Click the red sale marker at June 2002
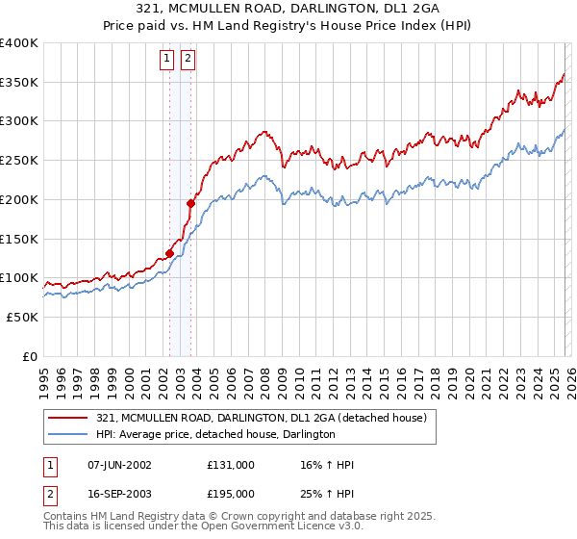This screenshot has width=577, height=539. point(169,254)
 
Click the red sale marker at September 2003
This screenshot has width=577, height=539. point(191,204)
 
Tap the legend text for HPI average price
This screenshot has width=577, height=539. point(215,435)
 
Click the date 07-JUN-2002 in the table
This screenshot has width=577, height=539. point(119,465)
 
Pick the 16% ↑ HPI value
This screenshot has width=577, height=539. point(327,465)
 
